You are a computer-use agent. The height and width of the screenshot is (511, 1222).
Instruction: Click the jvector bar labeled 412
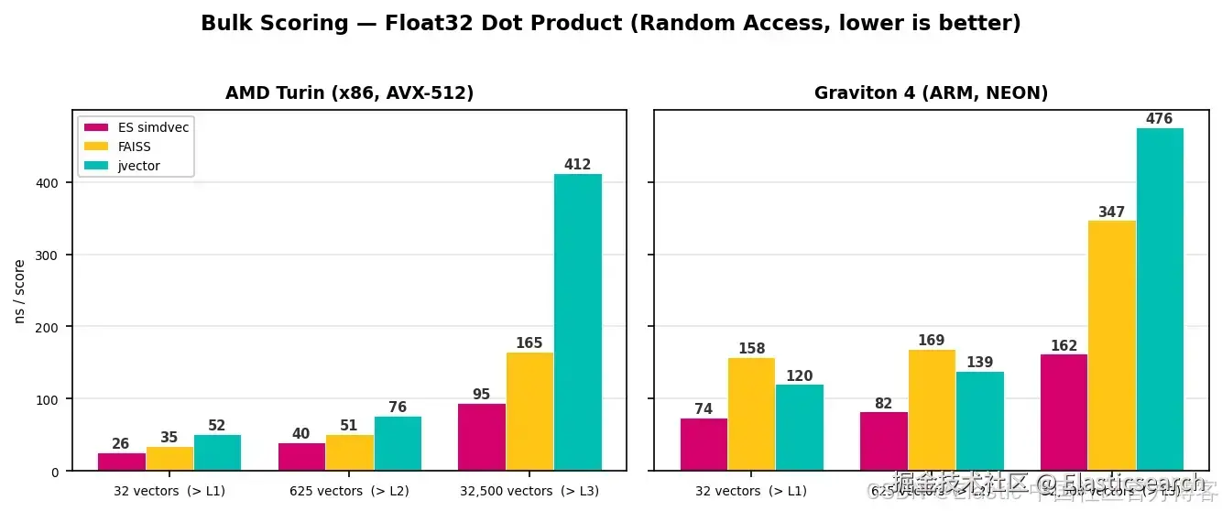click(578, 322)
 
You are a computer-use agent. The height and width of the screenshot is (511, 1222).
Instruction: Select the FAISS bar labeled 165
click(529, 411)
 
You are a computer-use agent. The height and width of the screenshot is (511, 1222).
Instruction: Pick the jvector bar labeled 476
click(1160, 299)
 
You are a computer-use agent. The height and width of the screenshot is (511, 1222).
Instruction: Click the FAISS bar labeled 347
click(1112, 345)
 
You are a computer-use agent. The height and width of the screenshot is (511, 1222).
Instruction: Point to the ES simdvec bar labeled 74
click(704, 444)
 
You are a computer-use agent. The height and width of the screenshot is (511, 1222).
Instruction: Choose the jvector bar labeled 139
click(980, 420)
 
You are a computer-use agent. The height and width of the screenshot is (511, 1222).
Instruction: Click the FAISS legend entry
click(134, 147)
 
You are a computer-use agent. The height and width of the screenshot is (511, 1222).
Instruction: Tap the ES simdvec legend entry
click(152, 127)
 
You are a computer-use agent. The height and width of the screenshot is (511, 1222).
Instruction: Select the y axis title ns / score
click(19, 291)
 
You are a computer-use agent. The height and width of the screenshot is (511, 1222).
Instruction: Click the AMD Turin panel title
click(349, 93)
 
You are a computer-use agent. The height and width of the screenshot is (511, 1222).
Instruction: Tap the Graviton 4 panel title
click(931, 93)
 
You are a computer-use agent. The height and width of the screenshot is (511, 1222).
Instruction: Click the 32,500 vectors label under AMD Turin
click(529, 491)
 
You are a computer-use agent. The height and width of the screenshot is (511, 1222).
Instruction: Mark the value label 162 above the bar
click(1064, 346)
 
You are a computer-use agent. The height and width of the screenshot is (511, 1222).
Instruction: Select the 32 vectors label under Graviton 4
click(751, 491)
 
